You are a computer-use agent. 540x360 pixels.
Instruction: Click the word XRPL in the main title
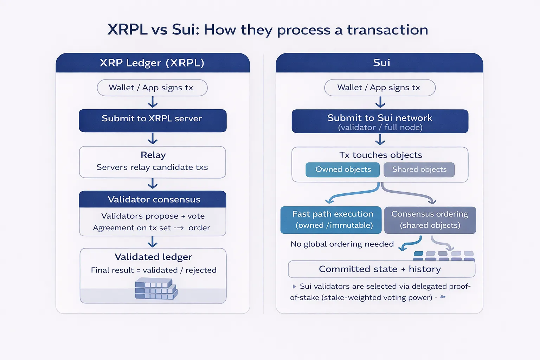point(127,30)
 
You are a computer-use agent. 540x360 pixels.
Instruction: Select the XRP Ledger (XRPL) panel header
point(152,63)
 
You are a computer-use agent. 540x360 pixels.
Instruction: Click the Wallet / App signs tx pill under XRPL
point(152,88)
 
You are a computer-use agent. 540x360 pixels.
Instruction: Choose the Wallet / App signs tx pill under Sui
point(379,88)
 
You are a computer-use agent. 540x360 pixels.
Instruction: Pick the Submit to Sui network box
point(380,121)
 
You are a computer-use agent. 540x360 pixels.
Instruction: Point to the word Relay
point(153,155)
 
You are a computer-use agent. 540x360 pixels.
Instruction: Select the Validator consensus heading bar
point(152,199)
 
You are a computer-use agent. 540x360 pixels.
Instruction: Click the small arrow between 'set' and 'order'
point(179,228)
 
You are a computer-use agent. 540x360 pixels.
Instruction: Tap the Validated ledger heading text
point(153,257)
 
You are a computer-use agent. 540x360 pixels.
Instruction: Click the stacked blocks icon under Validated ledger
point(156,289)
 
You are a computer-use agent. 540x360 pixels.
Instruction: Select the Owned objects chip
point(343,169)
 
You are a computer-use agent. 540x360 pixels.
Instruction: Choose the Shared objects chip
point(419,169)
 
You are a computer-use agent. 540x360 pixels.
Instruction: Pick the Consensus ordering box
point(430,220)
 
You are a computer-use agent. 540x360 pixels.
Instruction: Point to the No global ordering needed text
point(342,244)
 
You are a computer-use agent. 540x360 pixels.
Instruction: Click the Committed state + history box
point(381,269)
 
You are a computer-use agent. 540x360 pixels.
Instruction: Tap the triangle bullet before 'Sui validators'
point(294,287)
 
